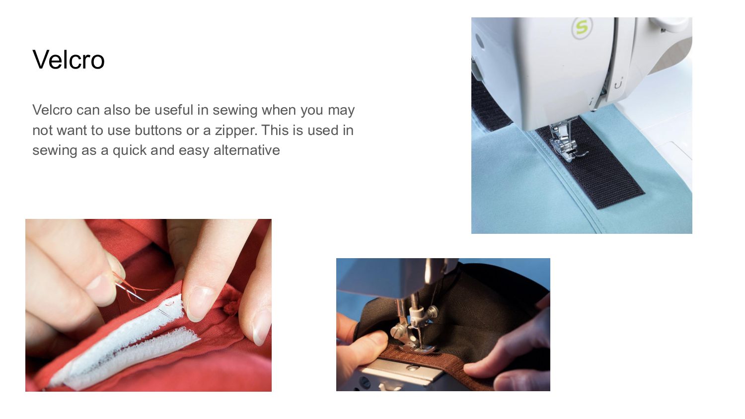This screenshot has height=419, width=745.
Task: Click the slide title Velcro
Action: pyautogui.click(x=69, y=60)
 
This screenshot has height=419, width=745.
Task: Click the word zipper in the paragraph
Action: pyautogui.click(x=236, y=131)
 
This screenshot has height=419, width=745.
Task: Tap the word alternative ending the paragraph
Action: pyautogui.click(x=247, y=150)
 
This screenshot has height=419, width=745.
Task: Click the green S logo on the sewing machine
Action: pyautogui.click(x=582, y=28)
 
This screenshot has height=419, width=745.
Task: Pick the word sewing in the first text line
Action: pyautogui.click(x=235, y=110)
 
